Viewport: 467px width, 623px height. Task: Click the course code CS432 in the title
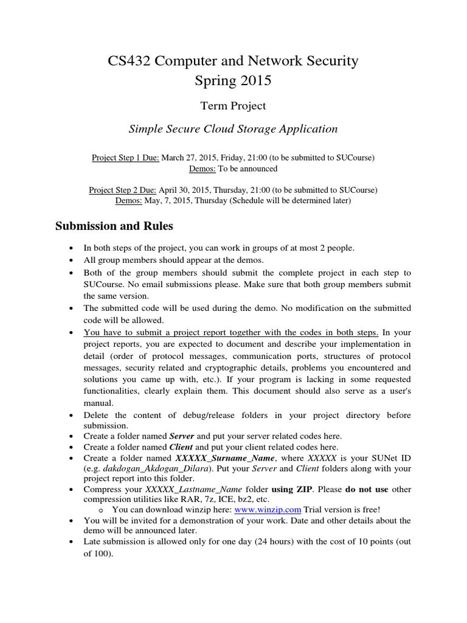[130, 61]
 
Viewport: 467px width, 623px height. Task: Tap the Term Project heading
[233, 106]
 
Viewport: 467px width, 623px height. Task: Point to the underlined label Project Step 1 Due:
[125, 158]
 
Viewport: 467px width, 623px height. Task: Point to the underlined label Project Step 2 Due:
[124, 190]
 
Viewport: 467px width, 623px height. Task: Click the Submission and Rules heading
[114, 226]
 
